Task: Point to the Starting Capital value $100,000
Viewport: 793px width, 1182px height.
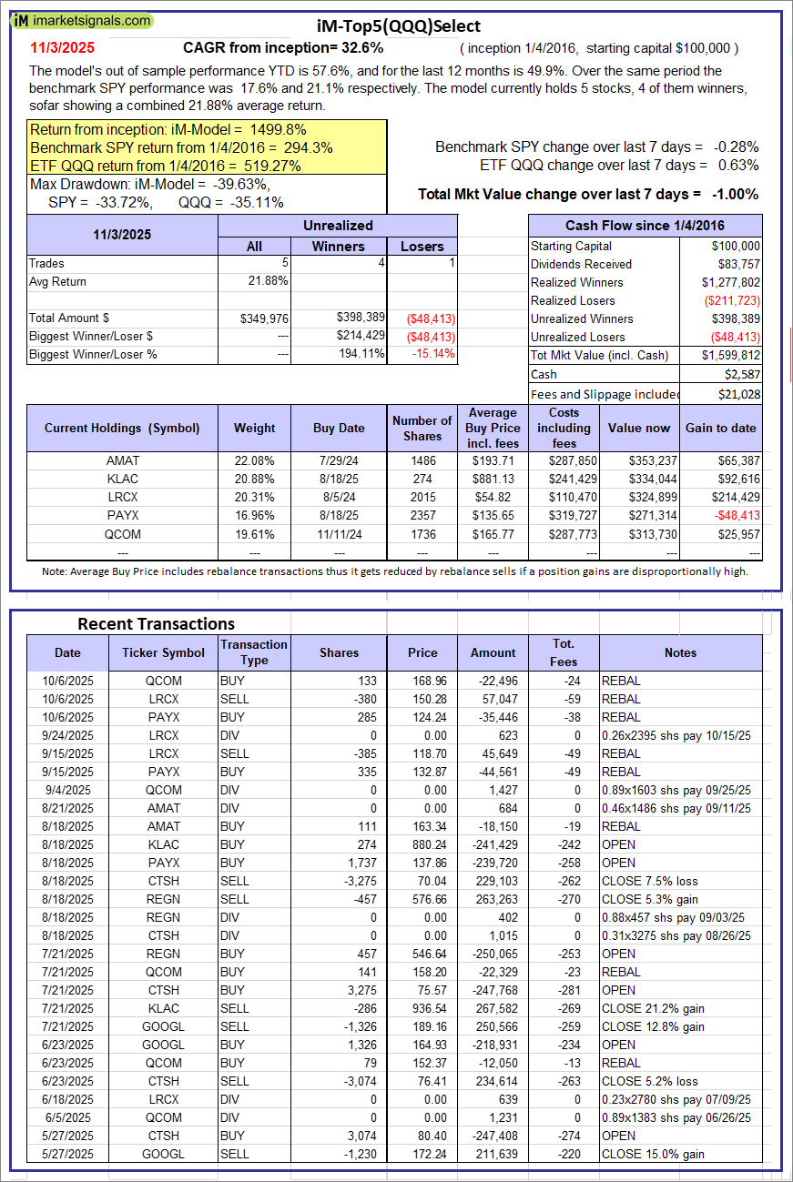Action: point(736,246)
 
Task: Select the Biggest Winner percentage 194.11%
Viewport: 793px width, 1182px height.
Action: point(361,354)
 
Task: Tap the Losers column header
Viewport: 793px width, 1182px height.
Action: point(422,246)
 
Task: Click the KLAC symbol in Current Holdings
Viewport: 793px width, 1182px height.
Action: point(122,479)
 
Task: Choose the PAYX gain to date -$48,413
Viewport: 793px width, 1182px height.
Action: point(735,515)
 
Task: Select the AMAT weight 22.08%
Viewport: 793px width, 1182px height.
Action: point(254,460)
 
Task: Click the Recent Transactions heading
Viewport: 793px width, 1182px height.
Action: point(156,624)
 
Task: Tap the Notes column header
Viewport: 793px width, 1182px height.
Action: point(680,652)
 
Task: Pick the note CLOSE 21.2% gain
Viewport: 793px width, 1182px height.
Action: point(653,1008)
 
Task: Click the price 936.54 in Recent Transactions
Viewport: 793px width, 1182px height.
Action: point(422,1008)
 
